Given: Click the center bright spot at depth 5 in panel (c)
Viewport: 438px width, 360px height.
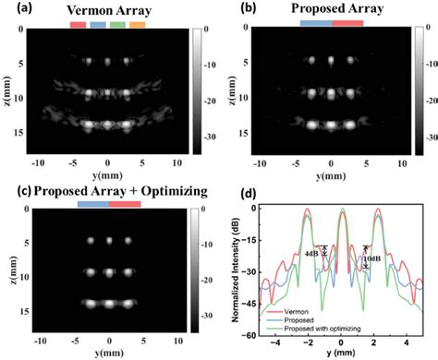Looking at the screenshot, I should (108, 240).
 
